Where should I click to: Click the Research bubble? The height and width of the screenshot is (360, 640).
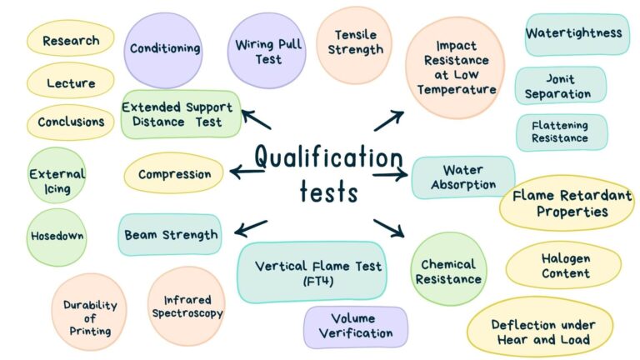pos(71,39)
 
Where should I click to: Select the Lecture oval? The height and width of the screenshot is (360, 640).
pos(71,81)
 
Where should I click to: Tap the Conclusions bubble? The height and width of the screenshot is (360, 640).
pos(71,122)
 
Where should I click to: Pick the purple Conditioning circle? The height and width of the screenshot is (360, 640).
pos(163,50)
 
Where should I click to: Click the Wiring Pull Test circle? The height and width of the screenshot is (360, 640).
pos(267,51)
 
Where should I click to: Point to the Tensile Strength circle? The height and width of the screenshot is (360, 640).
pos(354,45)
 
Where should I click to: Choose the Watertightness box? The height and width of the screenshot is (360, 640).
pos(577,35)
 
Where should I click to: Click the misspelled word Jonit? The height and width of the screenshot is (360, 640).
pos(560,79)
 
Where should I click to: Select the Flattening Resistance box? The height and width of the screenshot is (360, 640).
pos(562,132)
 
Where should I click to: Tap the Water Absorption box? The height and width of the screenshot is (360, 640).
pos(463,177)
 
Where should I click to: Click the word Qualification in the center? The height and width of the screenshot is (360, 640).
pos(329,157)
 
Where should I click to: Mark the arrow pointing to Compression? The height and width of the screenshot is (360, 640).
pos(247,172)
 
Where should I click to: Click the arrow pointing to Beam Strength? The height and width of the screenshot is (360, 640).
pos(251,228)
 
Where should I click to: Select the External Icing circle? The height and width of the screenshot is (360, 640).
pos(57,176)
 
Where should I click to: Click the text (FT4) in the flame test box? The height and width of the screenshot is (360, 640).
pos(318,281)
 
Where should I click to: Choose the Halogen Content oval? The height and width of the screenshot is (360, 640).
pos(564,265)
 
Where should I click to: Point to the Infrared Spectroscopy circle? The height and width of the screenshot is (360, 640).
pos(187,307)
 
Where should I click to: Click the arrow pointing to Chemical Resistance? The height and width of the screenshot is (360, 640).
pos(388,228)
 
